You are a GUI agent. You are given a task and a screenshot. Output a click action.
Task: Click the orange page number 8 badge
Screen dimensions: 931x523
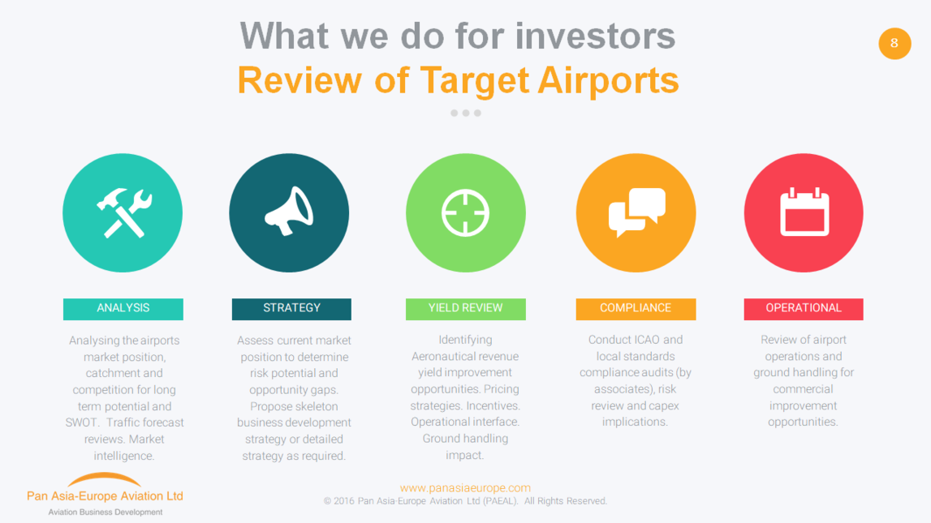894,43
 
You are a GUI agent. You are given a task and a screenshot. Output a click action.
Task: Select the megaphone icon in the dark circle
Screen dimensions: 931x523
289,211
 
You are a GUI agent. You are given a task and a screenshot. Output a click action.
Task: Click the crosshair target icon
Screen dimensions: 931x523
466,213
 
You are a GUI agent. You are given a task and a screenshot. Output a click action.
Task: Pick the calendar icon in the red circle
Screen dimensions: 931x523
804,212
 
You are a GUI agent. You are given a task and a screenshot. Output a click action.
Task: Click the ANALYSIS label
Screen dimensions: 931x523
123,309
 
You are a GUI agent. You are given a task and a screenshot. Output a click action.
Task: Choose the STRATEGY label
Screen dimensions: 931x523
291,309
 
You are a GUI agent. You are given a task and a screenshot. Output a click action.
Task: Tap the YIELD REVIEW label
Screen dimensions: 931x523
466,309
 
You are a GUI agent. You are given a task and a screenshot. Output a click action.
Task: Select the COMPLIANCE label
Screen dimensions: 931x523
636,309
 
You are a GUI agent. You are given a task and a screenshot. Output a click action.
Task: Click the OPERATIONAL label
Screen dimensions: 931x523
804,309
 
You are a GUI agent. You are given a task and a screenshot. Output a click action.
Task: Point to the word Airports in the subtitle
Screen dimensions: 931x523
608,81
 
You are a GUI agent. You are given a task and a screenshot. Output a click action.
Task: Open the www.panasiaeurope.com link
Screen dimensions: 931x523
465,487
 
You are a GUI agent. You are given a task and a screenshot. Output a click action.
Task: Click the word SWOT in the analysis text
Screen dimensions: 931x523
81,422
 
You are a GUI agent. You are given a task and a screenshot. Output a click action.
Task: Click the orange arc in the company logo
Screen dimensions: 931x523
105,478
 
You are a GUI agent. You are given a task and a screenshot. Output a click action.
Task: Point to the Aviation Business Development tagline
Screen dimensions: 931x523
105,512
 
